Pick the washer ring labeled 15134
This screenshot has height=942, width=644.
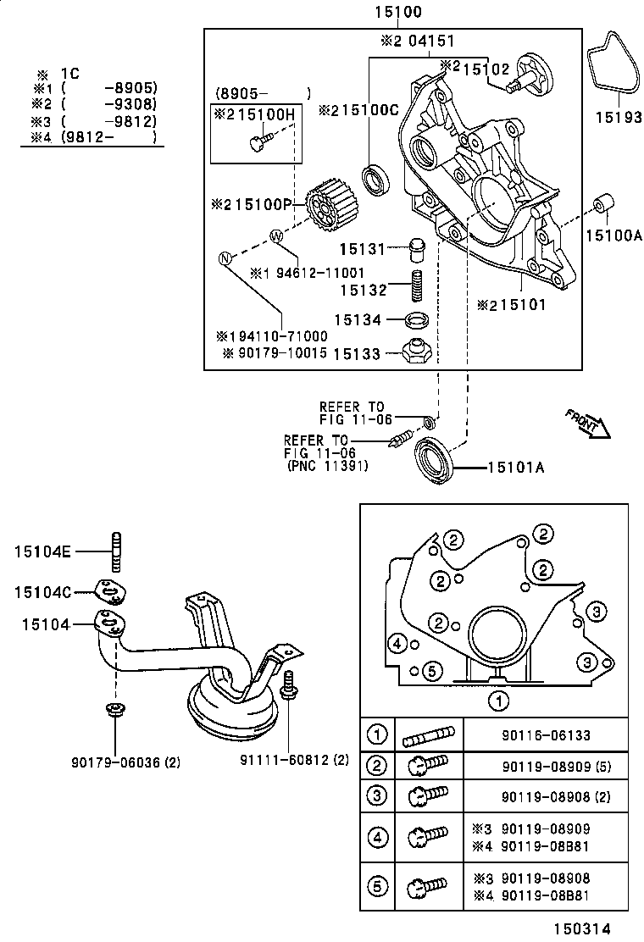[x=416, y=319]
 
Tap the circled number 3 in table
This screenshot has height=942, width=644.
[x=377, y=796]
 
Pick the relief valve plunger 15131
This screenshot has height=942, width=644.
[x=415, y=248]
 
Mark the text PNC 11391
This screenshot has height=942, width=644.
[x=325, y=465]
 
